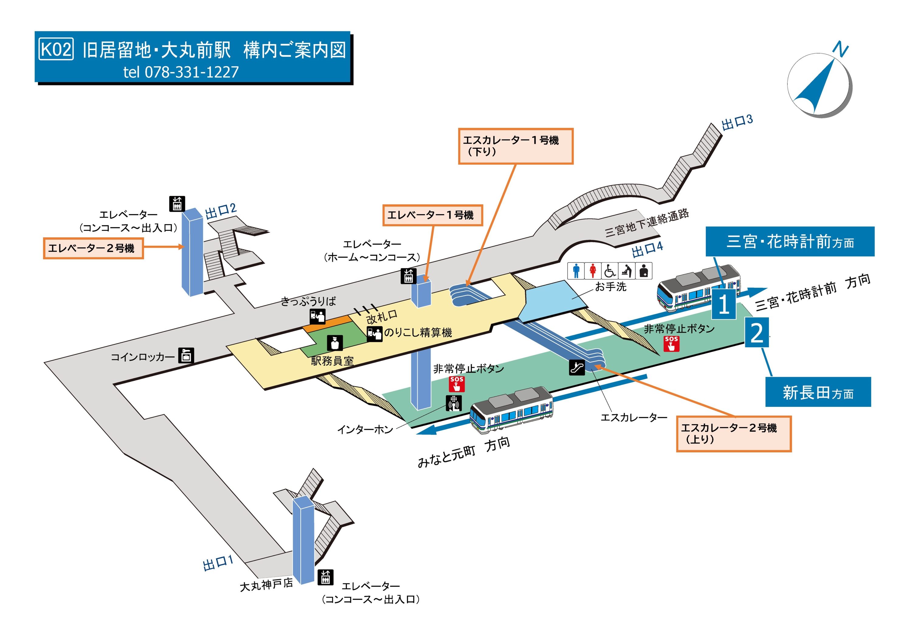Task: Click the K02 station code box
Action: click(x=56, y=50)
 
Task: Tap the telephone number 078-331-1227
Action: click(x=192, y=72)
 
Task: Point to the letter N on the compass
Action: click(x=840, y=49)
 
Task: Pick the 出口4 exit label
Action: click(x=647, y=249)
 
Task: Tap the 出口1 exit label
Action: click(x=218, y=563)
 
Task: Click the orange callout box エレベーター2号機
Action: click(x=93, y=248)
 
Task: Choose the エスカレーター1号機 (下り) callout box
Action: click(x=515, y=146)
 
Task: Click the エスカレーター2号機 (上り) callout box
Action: click(x=733, y=433)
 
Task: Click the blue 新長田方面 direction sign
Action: click(x=818, y=392)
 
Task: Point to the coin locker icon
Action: click(x=185, y=355)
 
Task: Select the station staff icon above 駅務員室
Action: click(x=335, y=343)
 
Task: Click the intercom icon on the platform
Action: click(x=454, y=403)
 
